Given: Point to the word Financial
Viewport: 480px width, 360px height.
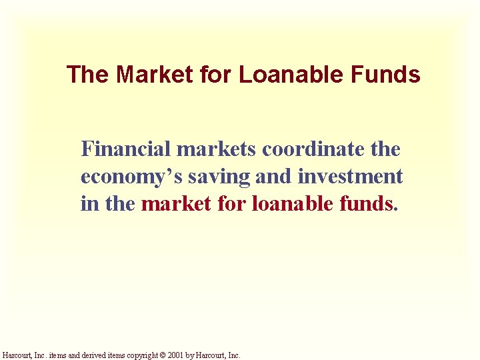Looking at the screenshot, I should tap(126, 149).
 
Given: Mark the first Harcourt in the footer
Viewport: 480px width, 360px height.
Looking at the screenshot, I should tap(16, 355).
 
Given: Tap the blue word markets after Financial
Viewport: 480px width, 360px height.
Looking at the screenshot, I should tap(217, 149).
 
